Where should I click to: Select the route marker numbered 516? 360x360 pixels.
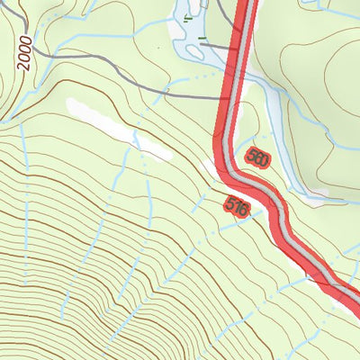237,207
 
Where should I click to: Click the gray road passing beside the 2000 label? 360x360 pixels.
54,60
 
